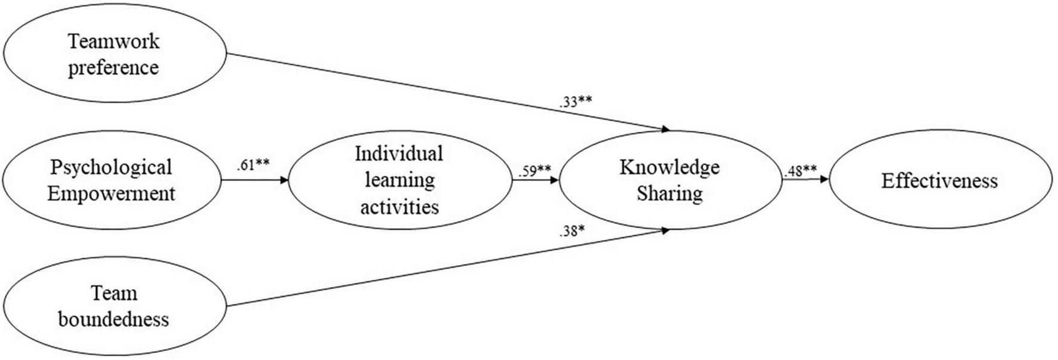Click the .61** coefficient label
[x=253, y=165]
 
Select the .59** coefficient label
[x=534, y=171]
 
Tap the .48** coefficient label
[x=800, y=171]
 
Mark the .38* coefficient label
[x=571, y=231]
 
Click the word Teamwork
[x=113, y=41]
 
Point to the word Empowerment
[x=111, y=193]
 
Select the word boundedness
[x=113, y=319]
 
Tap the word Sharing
[x=669, y=193]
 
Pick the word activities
[x=399, y=207]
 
